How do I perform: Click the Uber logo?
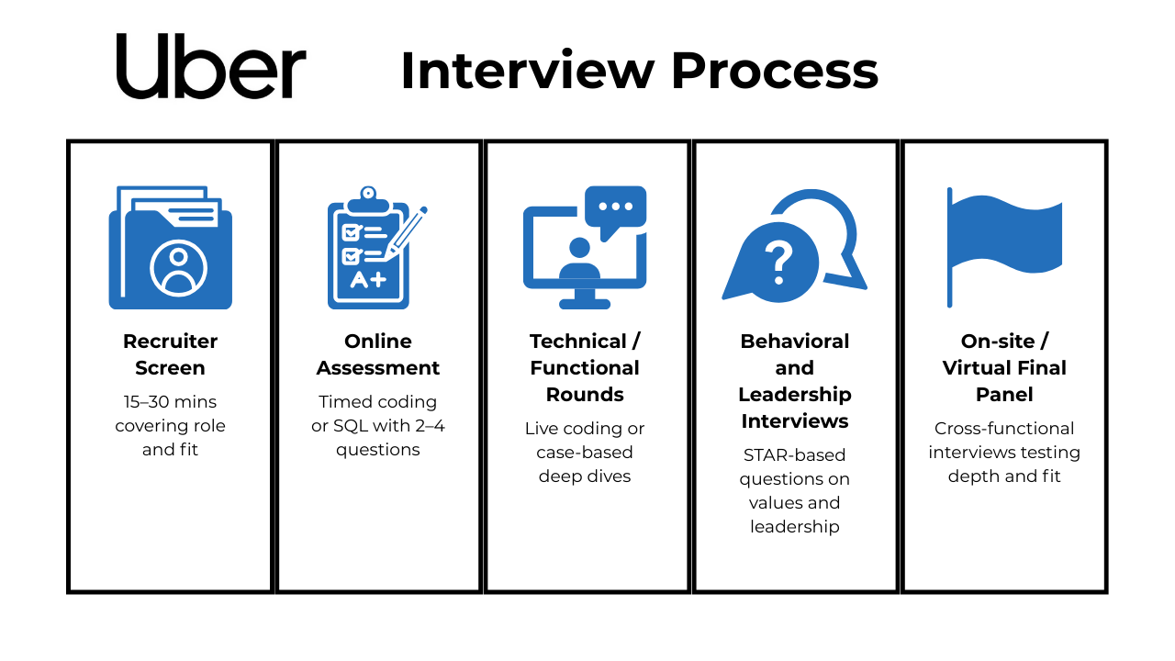211,66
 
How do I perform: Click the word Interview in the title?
528,71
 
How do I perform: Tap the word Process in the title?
775,71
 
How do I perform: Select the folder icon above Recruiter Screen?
171,247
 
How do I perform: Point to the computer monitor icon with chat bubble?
585,247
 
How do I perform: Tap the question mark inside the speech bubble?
779,263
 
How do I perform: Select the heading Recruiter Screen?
171,354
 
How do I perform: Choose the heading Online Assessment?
377,354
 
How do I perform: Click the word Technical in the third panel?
578,342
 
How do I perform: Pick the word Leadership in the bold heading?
795,395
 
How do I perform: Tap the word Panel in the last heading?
1004,395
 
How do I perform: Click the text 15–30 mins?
170,402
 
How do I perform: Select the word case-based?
585,453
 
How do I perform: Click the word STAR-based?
794,454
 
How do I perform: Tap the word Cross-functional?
1004,429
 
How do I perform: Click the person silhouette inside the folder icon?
178,269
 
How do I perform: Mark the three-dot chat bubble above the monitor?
616,210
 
